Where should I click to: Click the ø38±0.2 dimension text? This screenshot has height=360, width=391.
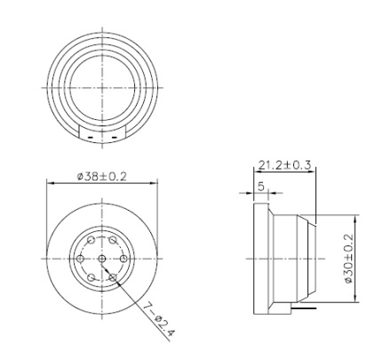(x=101, y=176)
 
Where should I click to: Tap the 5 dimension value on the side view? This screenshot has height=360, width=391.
(x=259, y=187)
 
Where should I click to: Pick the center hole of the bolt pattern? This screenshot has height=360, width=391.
(x=102, y=258)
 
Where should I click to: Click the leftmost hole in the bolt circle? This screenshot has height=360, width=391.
(x=81, y=258)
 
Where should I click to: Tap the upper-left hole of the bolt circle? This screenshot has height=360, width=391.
(x=92, y=240)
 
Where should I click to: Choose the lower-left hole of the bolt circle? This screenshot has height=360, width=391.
(x=92, y=276)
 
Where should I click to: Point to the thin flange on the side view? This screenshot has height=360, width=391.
(x=259, y=258)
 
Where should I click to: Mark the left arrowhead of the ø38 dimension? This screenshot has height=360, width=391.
(x=49, y=184)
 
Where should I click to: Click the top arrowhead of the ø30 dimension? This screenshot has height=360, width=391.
(x=355, y=217)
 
